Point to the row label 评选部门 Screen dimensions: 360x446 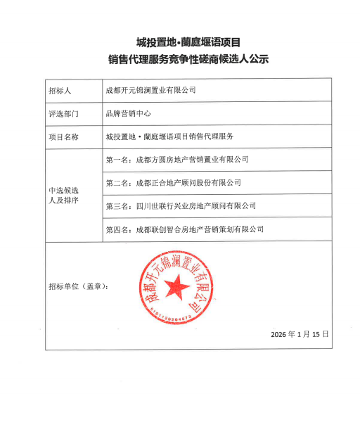pos(64,113)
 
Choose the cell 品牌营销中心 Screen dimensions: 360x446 pos(129,113)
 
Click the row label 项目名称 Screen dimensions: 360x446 pos(64,135)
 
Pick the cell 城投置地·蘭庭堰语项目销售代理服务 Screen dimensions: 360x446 pos(169,135)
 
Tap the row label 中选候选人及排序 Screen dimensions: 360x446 pos(64,195)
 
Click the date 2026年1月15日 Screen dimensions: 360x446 pos(300,333)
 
